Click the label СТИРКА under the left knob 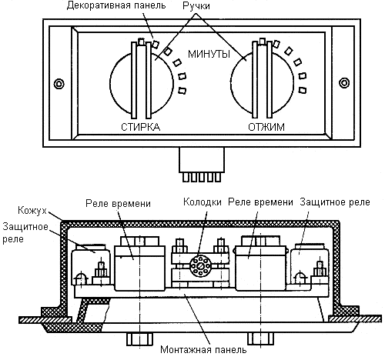[140, 127]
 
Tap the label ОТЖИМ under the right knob [266, 127]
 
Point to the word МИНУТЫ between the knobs [209, 54]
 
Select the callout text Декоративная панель [116, 5]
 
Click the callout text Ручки [196, 6]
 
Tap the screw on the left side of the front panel [59, 84]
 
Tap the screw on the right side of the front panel [344, 83]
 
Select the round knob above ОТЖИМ [262, 82]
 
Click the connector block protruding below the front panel [202, 165]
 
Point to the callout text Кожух [32, 210]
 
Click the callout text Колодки [203, 202]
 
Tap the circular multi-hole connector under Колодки [201, 265]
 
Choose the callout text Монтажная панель [203, 349]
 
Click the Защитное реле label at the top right [335, 202]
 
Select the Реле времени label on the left [118, 204]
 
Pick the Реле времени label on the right [260, 202]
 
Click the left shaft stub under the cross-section [140, 338]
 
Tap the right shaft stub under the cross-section [261, 338]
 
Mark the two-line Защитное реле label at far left [25, 233]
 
